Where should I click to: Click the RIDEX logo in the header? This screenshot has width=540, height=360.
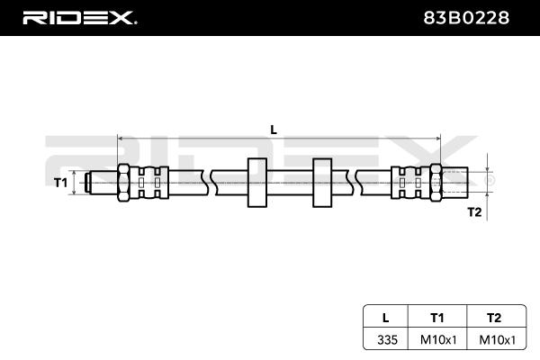click(80, 18)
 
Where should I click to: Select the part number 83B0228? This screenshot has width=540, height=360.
click(466, 18)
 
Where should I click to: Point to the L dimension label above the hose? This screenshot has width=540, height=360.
click(274, 130)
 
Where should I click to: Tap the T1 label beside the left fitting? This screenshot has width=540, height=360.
click(61, 182)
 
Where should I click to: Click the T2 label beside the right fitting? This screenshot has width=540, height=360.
click(474, 211)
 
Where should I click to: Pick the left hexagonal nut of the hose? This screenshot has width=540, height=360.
click(123, 183)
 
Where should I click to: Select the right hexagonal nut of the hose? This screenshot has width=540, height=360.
click(436, 183)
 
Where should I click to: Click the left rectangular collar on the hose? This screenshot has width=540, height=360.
click(257, 183)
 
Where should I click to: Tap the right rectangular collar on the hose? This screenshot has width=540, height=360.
click(322, 183)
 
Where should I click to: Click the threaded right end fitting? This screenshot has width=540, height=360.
click(454, 183)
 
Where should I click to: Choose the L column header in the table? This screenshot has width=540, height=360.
click(386, 318)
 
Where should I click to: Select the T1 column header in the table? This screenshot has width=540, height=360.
click(437, 318)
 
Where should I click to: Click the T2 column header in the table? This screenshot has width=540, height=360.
click(494, 318)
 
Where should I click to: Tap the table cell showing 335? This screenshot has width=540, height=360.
click(387, 339)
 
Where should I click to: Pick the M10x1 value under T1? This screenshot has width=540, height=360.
click(438, 340)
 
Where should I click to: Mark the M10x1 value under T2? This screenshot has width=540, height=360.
click(498, 340)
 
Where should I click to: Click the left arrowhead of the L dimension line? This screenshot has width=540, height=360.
click(121, 139)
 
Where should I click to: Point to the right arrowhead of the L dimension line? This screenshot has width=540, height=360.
click(438, 139)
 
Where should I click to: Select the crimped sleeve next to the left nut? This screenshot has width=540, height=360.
click(149, 183)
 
